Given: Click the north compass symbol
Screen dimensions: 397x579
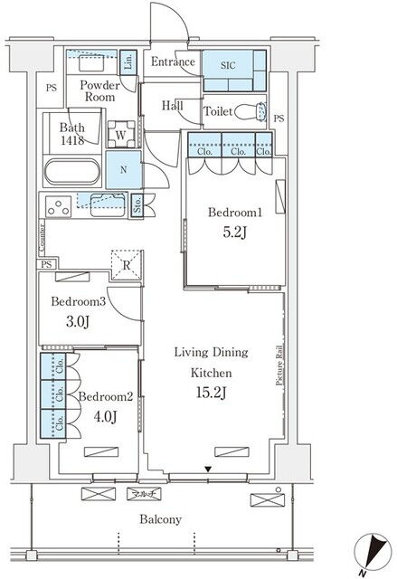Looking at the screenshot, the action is [373, 553].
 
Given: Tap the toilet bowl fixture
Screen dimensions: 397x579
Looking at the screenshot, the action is [250, 111].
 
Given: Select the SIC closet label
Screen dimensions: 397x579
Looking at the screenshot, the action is [228, 66].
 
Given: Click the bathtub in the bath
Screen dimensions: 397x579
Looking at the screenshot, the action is [72, 172].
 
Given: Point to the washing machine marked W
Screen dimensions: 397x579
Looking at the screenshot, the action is [121, 135].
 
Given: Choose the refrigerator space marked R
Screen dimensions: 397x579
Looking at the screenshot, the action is [127, 265].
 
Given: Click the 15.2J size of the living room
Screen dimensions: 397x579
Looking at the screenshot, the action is [211, 393].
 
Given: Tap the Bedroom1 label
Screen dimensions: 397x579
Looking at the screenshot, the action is [235, 213].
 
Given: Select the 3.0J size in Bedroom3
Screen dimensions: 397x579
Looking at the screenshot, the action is [78, 322].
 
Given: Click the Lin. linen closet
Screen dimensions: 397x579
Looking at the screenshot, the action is [128, 62].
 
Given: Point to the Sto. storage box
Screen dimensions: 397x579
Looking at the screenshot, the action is [137, 205].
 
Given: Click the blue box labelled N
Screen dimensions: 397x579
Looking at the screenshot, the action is [124, 170].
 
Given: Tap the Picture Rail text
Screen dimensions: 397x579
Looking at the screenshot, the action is [280, 365].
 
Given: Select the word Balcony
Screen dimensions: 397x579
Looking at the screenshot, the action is [160, 519].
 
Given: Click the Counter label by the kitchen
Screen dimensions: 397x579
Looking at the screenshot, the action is [42, 239].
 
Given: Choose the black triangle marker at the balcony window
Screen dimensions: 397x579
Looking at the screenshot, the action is [209, 470].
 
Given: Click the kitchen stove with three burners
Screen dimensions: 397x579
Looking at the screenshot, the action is [59, 206].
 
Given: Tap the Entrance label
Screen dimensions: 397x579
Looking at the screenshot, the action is [173, 62].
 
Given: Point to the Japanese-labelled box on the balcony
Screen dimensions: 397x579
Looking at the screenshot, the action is [144, 494].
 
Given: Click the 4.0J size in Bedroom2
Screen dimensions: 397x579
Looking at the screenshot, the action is [105, 417].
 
